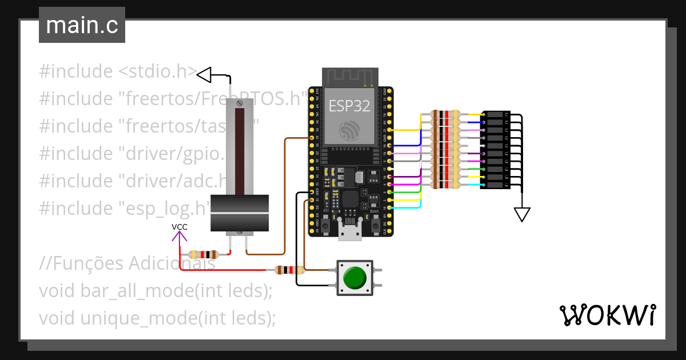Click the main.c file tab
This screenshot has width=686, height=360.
point(82,26)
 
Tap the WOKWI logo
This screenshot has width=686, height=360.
point(607,315)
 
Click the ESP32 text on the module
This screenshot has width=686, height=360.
point(349,105)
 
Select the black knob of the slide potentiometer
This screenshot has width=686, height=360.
point(240,213)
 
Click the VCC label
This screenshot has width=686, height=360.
point(180,227)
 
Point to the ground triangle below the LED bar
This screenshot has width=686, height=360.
point(521,214)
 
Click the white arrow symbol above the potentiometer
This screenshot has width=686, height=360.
point(205,74)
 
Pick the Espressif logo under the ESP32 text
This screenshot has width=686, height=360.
point(349,130)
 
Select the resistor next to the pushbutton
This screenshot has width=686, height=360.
point(289,270)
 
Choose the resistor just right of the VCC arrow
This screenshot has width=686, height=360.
point(204,254)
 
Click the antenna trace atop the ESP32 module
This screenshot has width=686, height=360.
point(350,77)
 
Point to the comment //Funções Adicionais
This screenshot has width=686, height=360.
point(127,263)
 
